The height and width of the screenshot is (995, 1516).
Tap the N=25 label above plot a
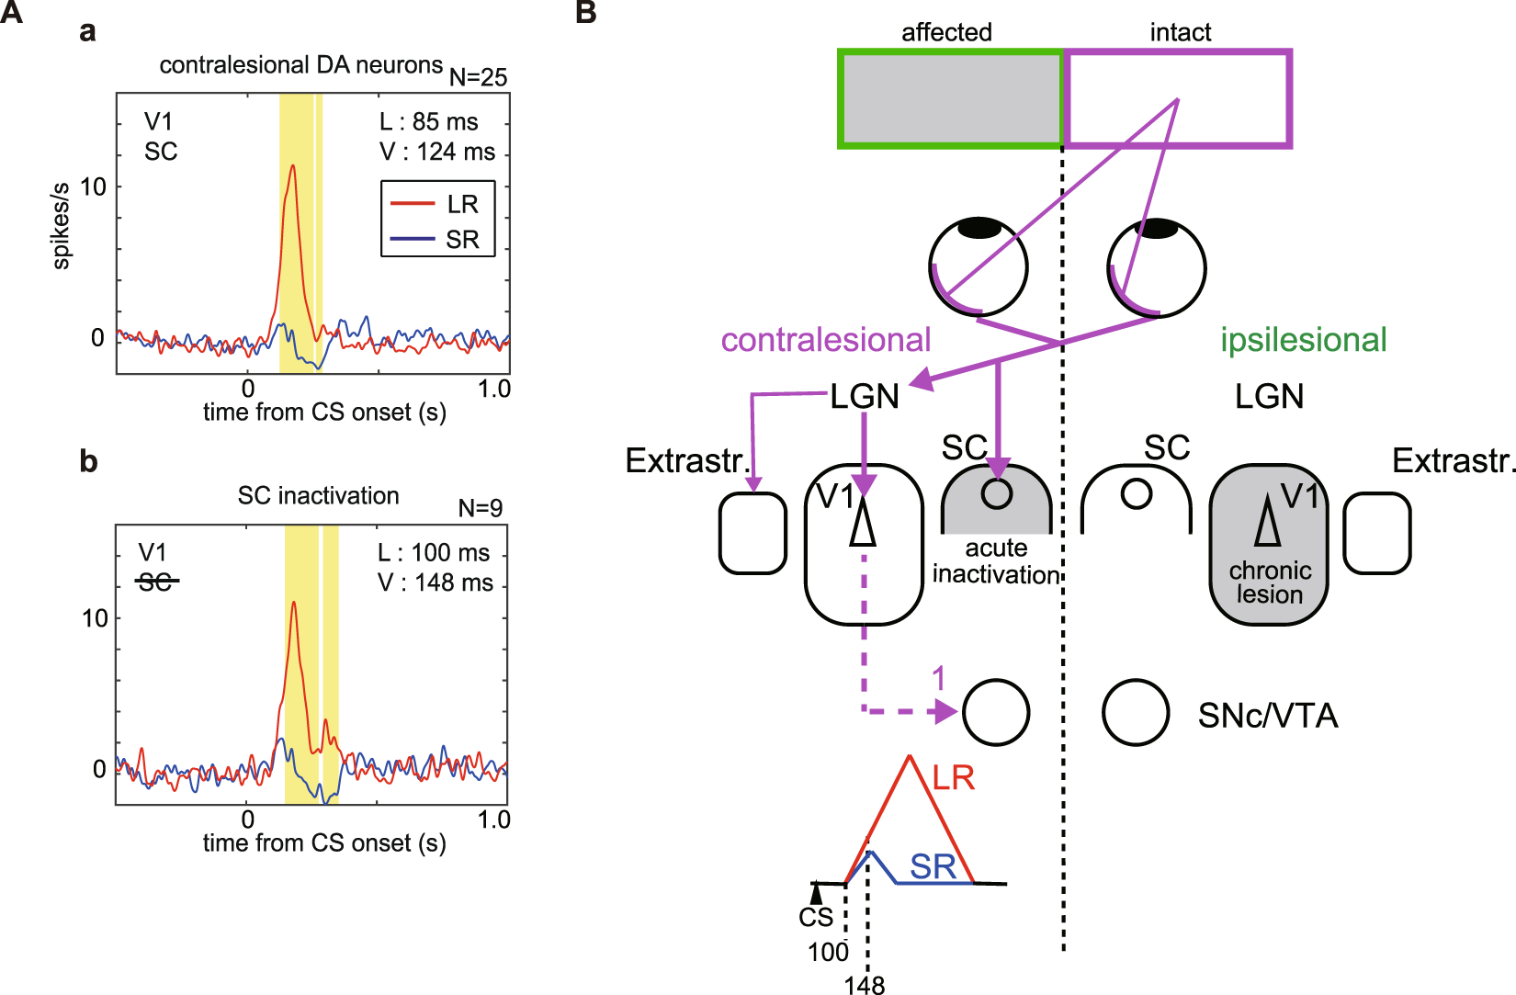[478, 78]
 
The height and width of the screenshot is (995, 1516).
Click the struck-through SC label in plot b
[155, 582]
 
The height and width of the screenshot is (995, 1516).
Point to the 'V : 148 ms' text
[436, 582]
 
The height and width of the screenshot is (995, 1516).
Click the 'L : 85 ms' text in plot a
[429, 122]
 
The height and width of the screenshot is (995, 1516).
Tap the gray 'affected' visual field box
[951, 98]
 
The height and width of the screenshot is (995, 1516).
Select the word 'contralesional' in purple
[825, 340]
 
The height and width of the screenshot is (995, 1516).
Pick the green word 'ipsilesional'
[1303, 340]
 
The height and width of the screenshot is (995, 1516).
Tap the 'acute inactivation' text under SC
[996, 561]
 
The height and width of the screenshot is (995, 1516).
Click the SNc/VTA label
[1267, 716]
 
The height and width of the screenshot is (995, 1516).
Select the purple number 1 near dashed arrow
[938, 679]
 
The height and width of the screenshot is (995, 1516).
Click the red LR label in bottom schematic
[953, 778]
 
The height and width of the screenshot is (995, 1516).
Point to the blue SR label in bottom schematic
[933, 866]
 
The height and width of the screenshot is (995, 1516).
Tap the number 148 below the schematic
[865, 985]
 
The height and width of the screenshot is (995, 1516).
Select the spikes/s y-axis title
[61, 226]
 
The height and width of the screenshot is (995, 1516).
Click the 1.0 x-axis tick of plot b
[493, 820]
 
